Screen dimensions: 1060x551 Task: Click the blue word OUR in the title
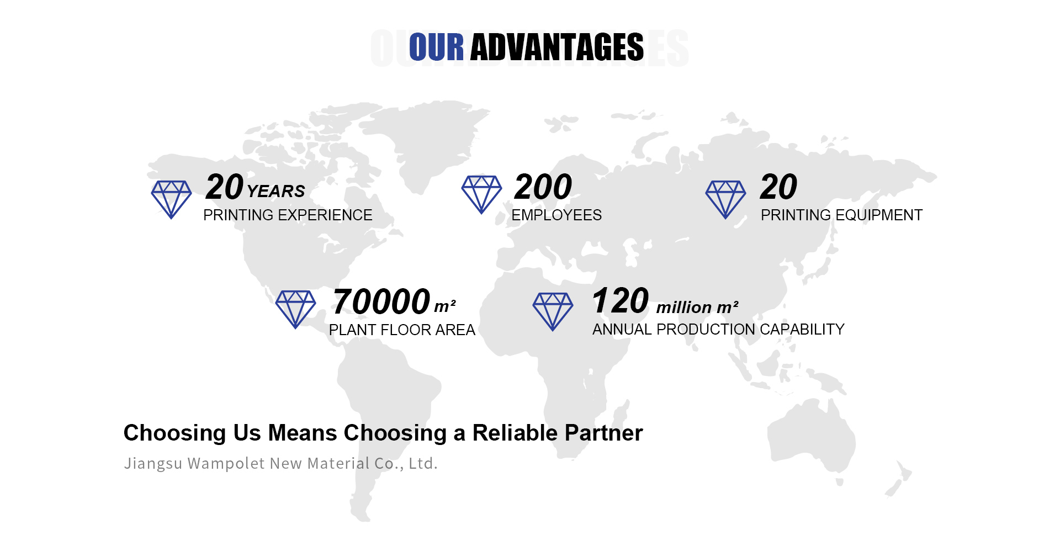[436, 47]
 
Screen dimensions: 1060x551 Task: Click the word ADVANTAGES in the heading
[556, 47]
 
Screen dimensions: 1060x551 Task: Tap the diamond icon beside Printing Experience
[171, 199]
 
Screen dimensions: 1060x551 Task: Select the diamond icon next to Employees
[481, 194]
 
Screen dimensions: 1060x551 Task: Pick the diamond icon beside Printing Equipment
[725, 199]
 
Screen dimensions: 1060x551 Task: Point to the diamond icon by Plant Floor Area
[295, 309]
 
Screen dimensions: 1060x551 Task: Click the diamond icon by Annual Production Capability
[553, 311]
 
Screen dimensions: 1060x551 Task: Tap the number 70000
[381, 301]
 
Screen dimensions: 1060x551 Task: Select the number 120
[620, 300]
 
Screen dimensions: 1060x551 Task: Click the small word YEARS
[276, 191]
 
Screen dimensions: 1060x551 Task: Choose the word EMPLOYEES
[556, 215]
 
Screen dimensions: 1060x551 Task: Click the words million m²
[697, 307]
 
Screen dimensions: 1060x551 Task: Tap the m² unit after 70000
[445, 306]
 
